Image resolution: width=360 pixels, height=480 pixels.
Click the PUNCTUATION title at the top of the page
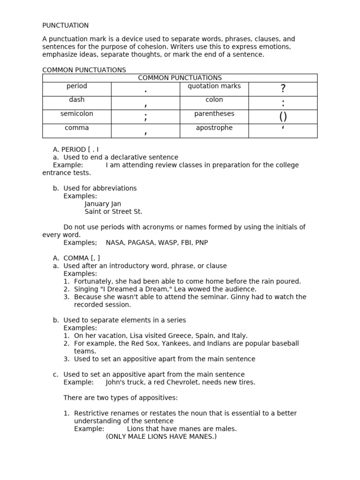pyautogui.click(x=65, y=25)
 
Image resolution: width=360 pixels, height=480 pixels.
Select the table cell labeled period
pyautogui.click(x=76, y=86)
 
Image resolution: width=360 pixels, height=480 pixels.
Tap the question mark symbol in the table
pyautogui.click(x=283, y=89)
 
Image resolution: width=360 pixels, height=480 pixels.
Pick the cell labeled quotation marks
pyautogui.click(x=214, y=86)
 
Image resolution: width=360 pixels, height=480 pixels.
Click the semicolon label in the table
pyautogui.click(x=76, y=114)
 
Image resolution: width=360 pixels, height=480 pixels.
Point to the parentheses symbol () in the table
pyautogui.click(x=283, y=116)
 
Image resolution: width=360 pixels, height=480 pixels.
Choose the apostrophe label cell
pyautogui.click(x=214, y=128)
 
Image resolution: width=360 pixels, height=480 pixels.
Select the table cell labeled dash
pyautogui.click(x=76, y=100)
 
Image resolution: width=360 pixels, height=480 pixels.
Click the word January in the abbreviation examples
pyautogui.click(x=97, y=204)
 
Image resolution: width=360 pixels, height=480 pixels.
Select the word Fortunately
pyautogui.click(x=93, y=281)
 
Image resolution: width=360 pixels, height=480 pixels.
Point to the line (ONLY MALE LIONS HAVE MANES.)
pyautogui.click(x=161, y=436)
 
